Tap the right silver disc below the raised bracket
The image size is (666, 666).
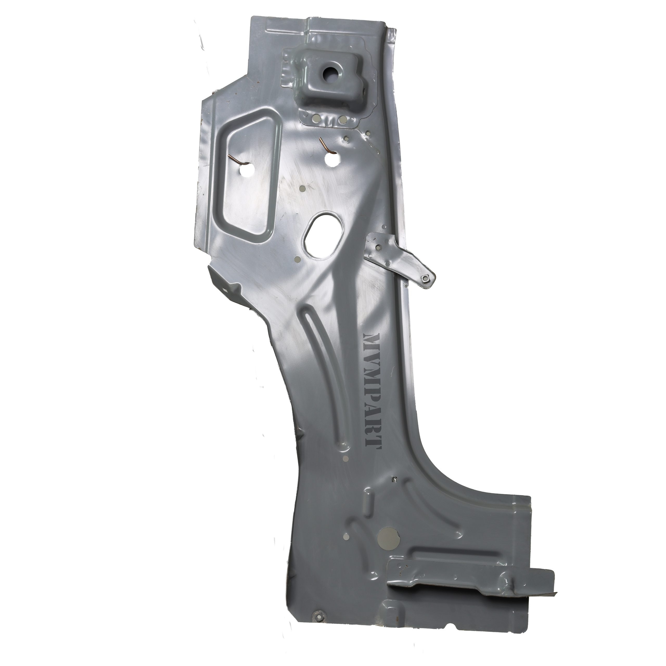tap(343, 119)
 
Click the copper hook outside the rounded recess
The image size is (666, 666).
tap(326, 146)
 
